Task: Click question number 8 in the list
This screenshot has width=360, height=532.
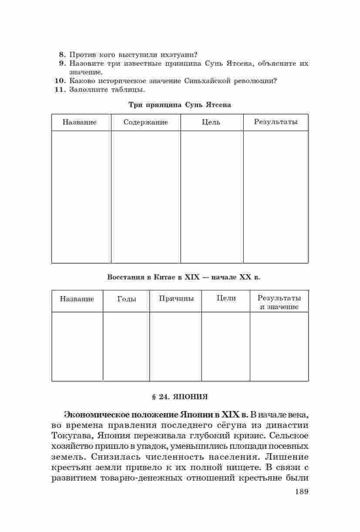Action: pyautogui.click(x=62, y=54)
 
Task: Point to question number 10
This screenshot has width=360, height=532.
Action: pyautogui.click(x=60, y=81)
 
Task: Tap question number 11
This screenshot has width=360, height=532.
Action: pyautogui.click(x=60, y=90)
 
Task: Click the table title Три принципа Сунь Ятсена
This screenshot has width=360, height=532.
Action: pyautogui.click(x=180, y=105)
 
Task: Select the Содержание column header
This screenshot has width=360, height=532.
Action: pyautogui.click(x=145, y=122)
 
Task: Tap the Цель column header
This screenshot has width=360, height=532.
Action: pyautogui.click(x=211, y=122)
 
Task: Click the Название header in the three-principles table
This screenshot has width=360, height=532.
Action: pyautogui.click(x=80, y=122)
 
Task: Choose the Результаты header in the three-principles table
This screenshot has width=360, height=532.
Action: pyautogui.click(x=276, y=122)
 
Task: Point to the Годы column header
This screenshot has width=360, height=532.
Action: pyautogui.click(x=127, y=299)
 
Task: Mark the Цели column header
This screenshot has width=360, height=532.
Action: pyautogui.click(x=226, y=298)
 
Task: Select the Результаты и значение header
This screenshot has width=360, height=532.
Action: pyautogui.click(x=279, y=303)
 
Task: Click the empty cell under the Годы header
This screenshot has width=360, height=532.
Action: pyautogui.click(x=126, y=346)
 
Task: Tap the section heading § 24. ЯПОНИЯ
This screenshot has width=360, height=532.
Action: pyautogui.click(x=180, y=397)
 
